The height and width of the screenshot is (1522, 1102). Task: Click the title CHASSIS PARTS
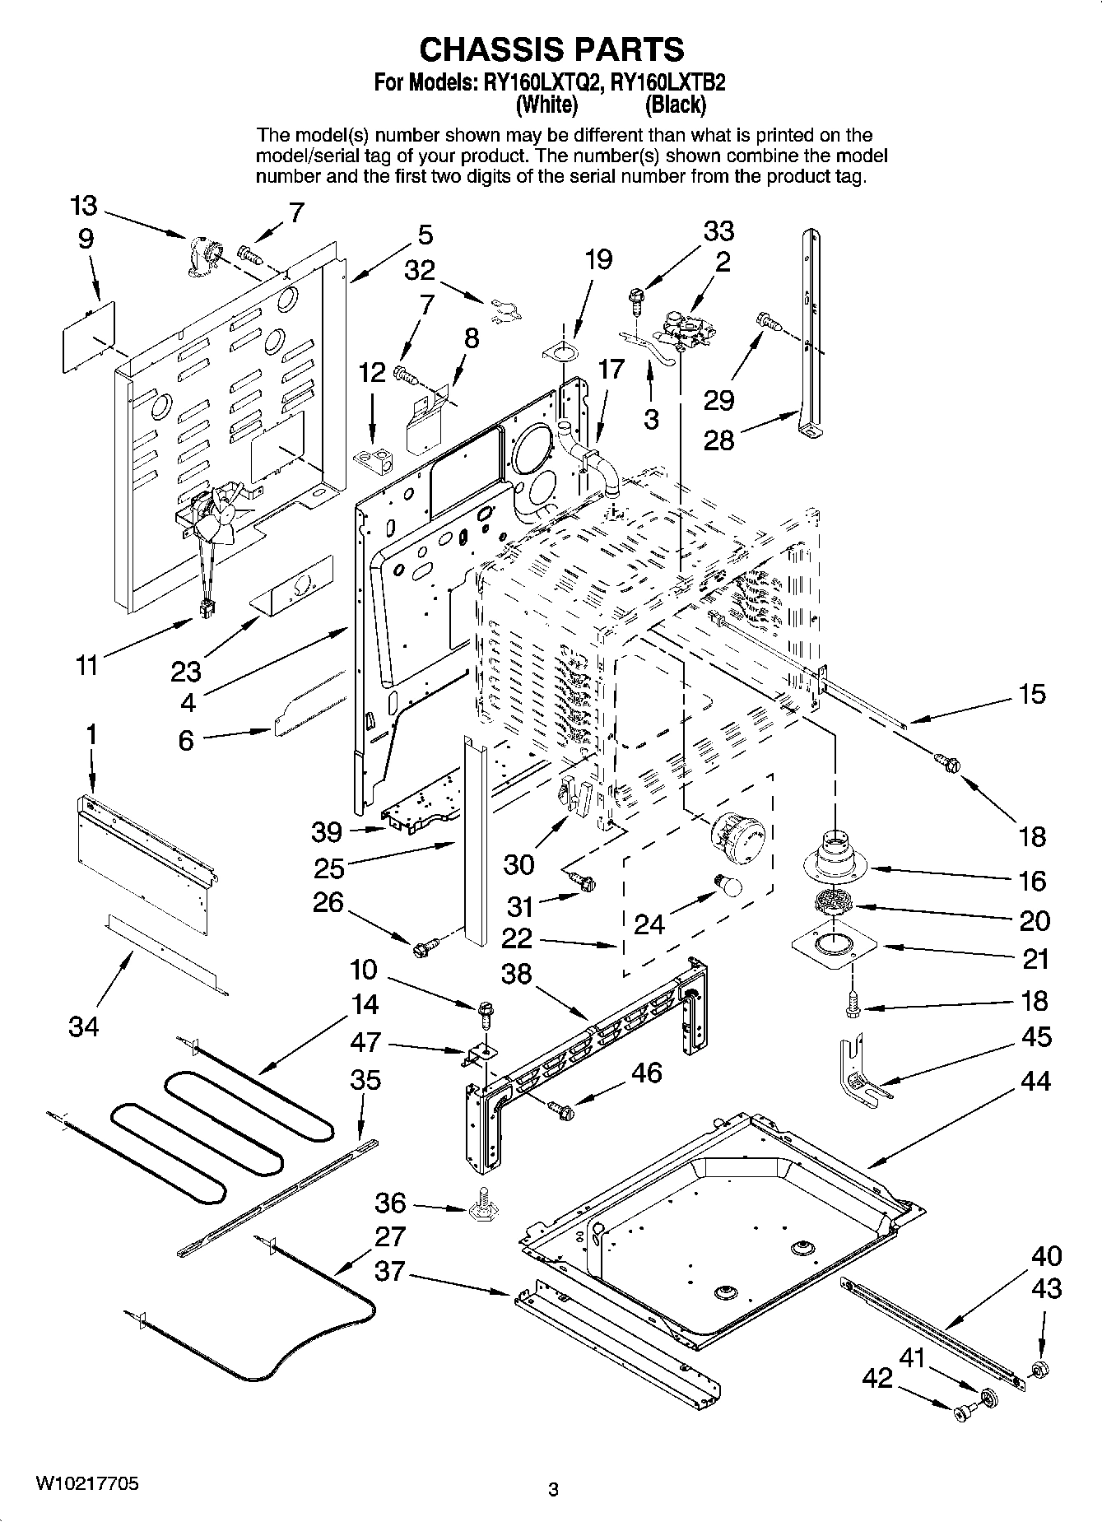pyautogui.click(x=551, y=49)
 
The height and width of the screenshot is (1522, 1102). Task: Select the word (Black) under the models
pyautogui.click(x=675, y=105)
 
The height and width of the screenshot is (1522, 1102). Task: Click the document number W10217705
pyautogui.click(x=86, y=1483)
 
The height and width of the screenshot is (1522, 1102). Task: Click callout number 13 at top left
pyautogui.click(x=83, y=206)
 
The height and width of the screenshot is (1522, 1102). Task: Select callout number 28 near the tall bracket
pyautogui.click(x=718, y=440)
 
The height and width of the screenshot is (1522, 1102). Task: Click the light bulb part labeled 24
pyautogui.click(x=728, y=886)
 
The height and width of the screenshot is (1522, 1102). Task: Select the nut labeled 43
pyautogui.click(x=1039, y=1371)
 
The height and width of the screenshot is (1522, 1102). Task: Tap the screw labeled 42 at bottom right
pyautogui.click(x=960, y=1413)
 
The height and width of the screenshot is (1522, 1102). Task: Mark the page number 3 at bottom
pyautogui.click(x=553, y=1488)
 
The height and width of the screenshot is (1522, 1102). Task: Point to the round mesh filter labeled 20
pyautogui.click(x=835, y=901)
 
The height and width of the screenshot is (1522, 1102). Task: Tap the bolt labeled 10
pyautogui.click(x=485, y=1008)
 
